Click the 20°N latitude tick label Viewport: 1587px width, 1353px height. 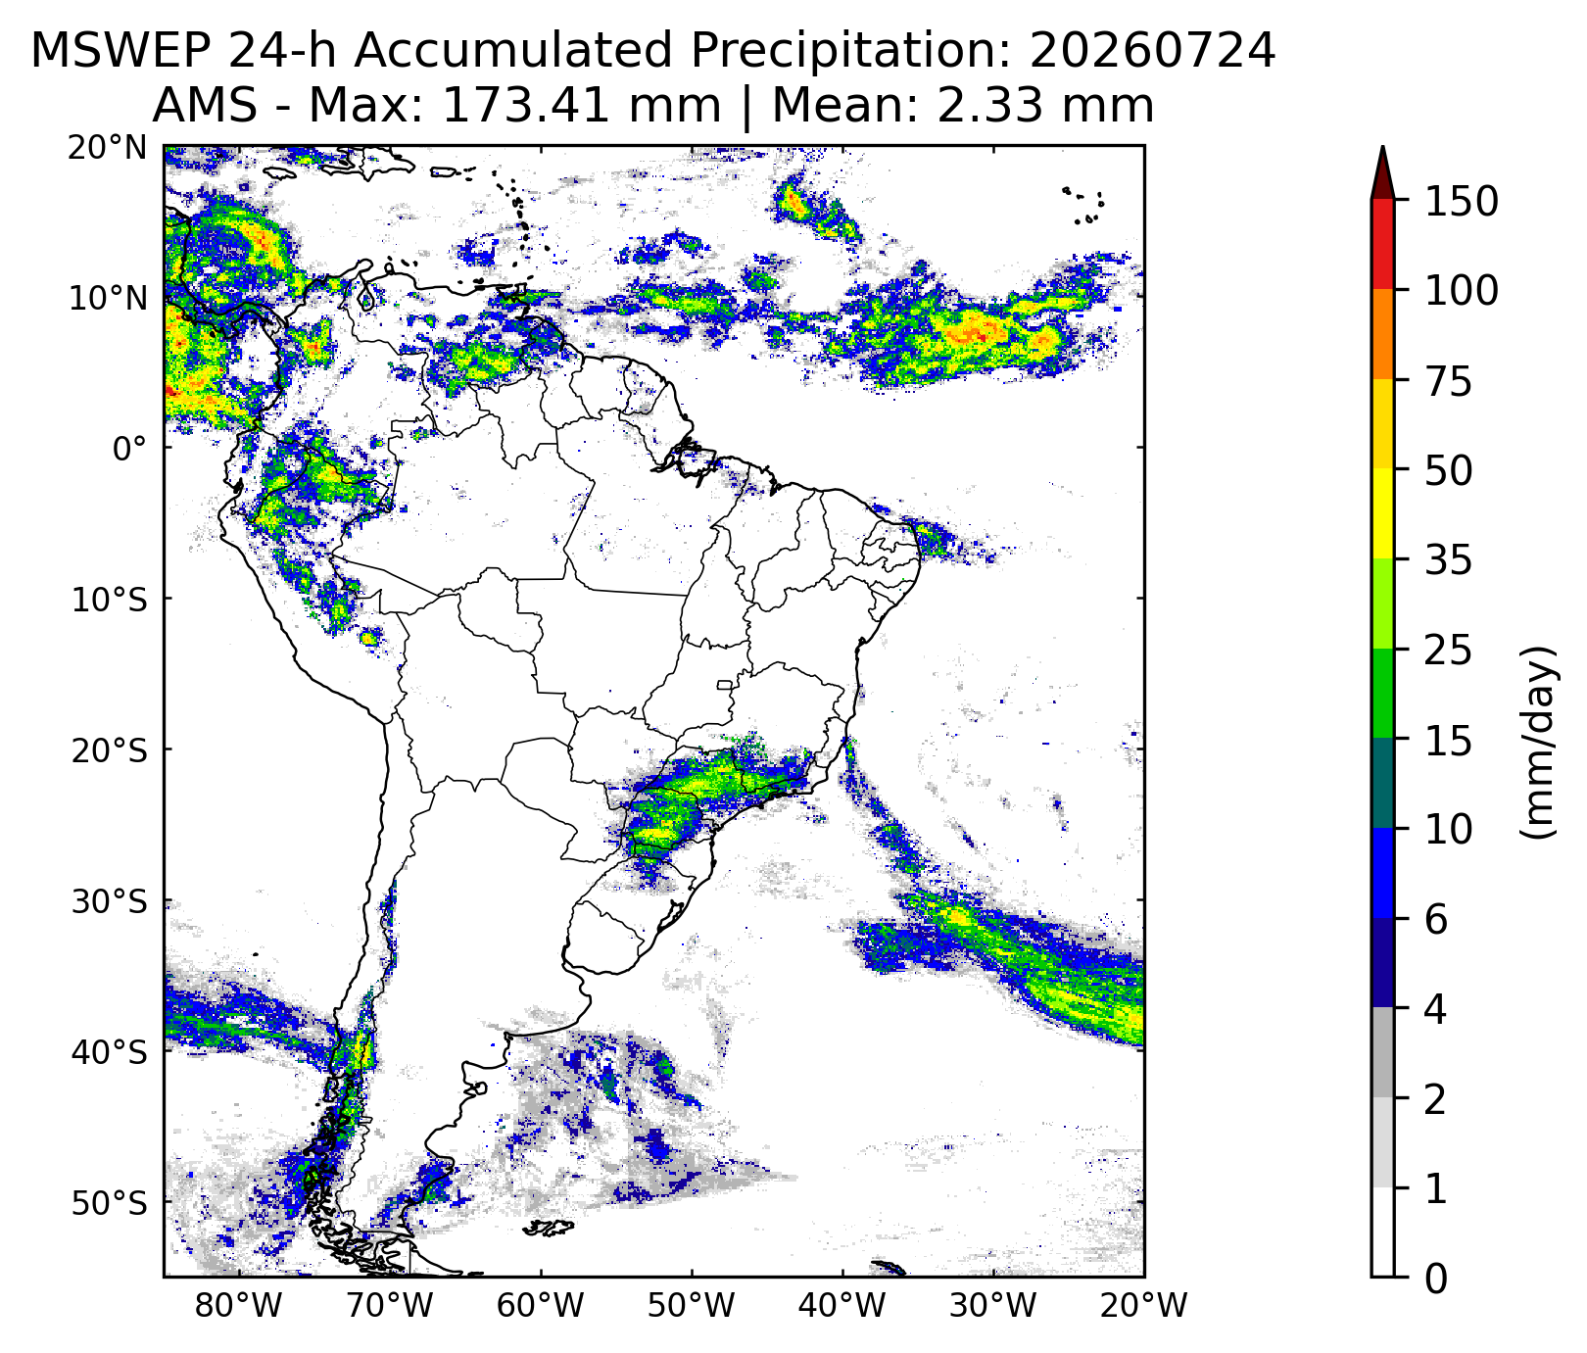click(x=107, y=148)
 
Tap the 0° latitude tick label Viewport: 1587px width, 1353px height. click(x=129, y=450)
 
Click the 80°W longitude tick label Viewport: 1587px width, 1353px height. click(x=240, y=1307)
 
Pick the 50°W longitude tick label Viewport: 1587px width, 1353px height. click(x=692, y=1307)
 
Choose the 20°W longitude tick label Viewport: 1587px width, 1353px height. click(x=1144, y=1307)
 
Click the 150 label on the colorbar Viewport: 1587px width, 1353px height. click(x=1461, y=202)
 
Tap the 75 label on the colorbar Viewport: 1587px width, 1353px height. click(x=1448, y=382)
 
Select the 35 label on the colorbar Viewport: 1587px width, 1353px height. click(x=1448, y=562)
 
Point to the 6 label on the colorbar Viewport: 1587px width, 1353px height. click(x=1435, y=921)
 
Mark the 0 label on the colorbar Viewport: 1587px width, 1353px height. click(x=1435, y=1279)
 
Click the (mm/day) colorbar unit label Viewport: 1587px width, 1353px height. click(x=1539, y=742)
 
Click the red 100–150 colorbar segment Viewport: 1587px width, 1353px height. click(x=1382, y=244)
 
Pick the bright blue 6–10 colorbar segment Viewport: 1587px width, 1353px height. click(x=1382, y=874)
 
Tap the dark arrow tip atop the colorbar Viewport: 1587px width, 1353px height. click(x=1382, y=149)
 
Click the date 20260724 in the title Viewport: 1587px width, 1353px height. click(x=1153, y=51)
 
